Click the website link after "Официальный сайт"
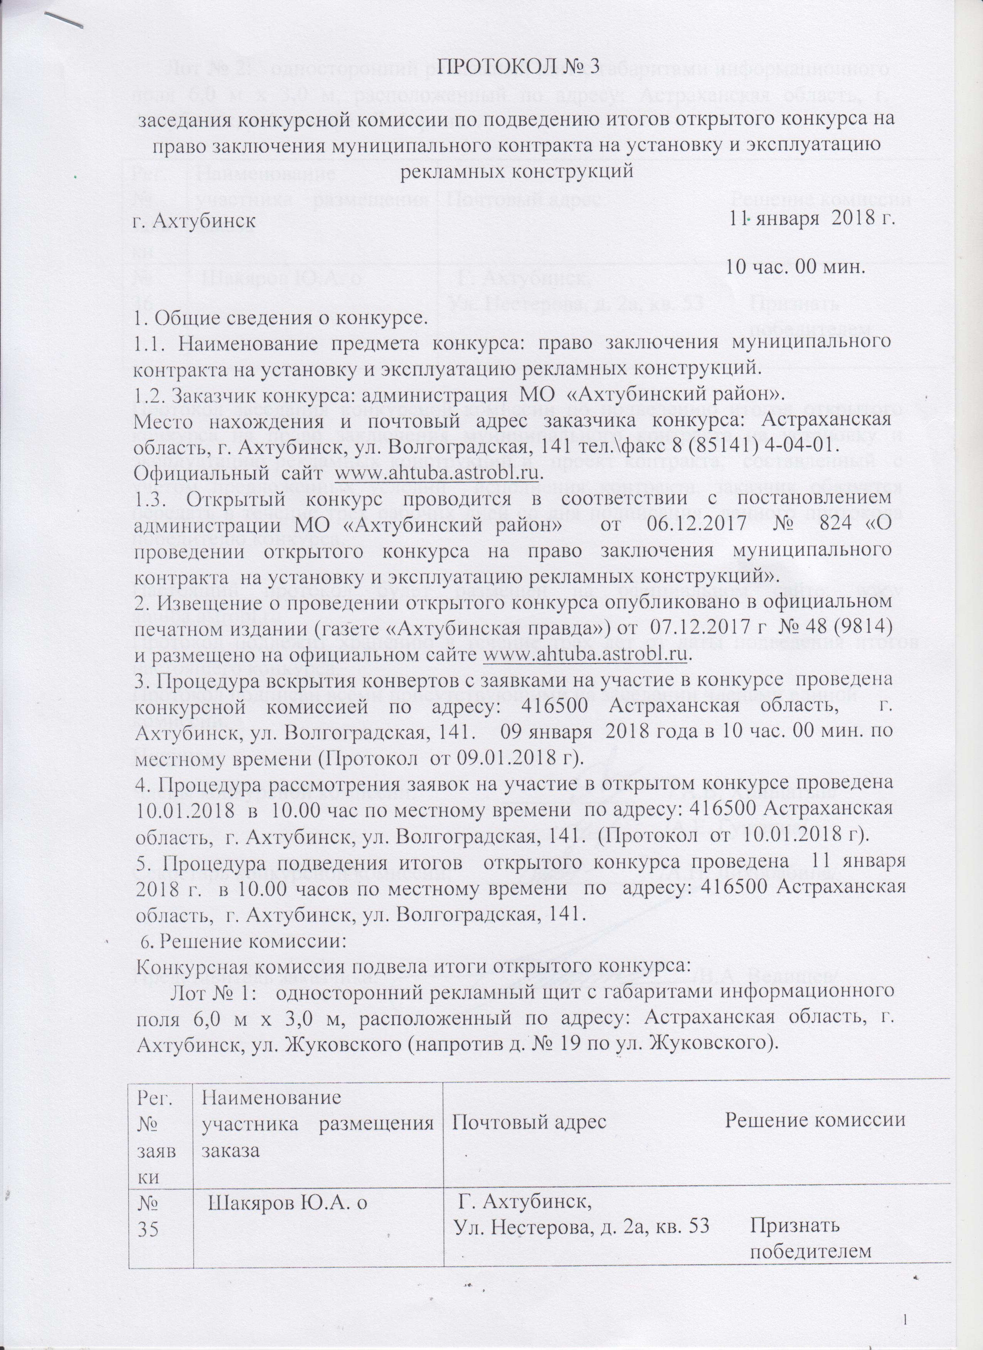(439, 473)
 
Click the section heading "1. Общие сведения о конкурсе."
(283, 317)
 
